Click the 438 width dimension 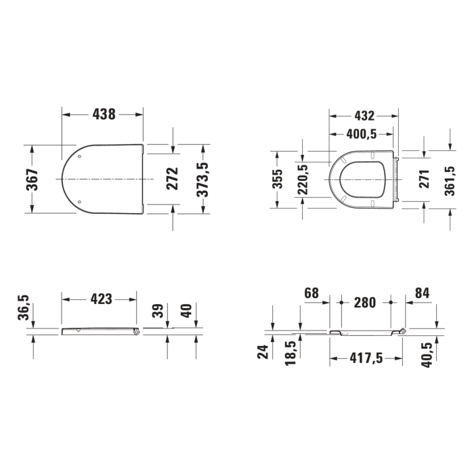click(104, 114)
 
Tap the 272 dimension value click(173, 179)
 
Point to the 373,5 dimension click(202, 179)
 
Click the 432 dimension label click(364, 116)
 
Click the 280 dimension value click(365, 303)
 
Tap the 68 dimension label click(311, 293)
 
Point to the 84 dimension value click(422, 293)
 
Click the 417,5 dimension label click(366, 358)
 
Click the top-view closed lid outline click(104, 179)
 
